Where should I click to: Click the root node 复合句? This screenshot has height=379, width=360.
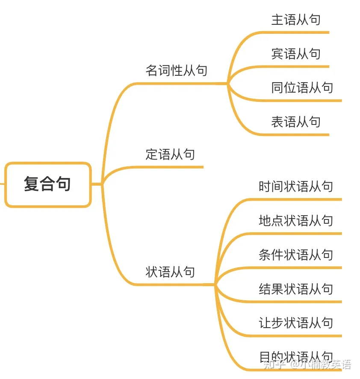[x=48, y=184]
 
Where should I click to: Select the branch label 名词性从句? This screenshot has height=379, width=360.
[x=176, y=71]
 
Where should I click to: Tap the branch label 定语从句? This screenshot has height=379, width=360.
[x=170, y=154]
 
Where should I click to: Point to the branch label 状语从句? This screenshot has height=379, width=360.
[x=170, y=272]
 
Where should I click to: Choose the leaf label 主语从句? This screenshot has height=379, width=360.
[x=295, y=20]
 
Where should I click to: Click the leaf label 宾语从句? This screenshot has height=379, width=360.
[x=295, y=54]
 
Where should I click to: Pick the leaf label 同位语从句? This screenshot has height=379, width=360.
[x=302, y=88]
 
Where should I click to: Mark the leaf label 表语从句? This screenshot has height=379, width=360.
[x=295, y=122]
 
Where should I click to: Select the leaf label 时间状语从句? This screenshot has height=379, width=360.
[x=295, y=187]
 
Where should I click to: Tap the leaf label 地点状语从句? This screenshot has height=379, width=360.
[x=295, y=221]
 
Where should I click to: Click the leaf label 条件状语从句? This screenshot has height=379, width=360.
[x=295, y=255]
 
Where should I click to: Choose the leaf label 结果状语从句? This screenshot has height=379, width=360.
[x=295, y=289]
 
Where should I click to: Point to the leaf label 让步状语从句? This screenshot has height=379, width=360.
[x=295, y=323]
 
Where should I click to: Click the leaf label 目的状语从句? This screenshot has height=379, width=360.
[x=295, y=356]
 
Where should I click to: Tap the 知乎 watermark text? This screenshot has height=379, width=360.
[x=274, y=365]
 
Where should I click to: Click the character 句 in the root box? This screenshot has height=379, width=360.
[x=64, y=184]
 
